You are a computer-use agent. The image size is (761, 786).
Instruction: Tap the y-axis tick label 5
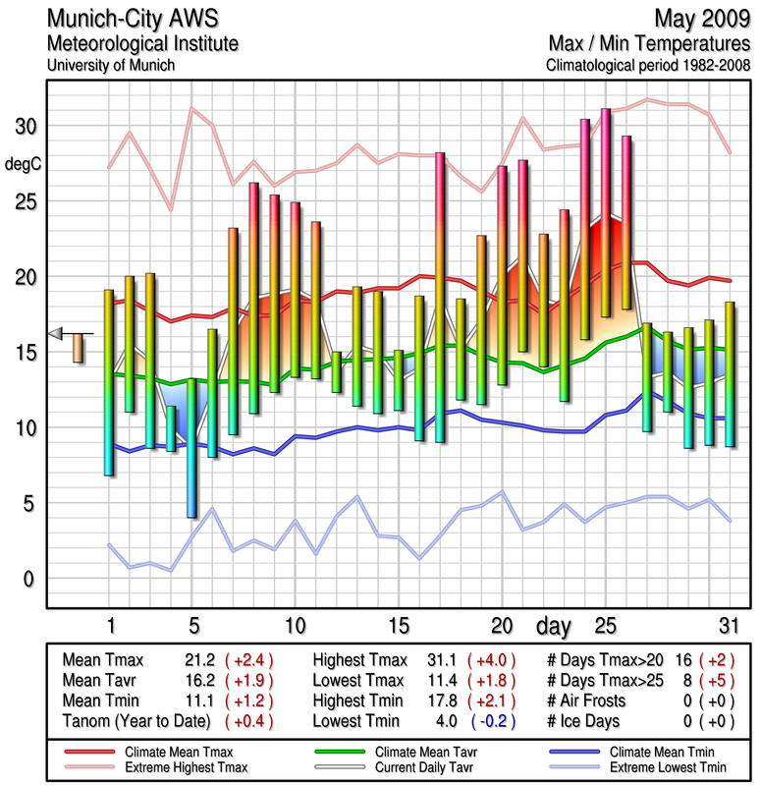[29, 503]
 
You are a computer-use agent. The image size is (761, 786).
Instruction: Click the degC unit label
[23, 164]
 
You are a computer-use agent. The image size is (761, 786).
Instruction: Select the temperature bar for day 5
[192, 448]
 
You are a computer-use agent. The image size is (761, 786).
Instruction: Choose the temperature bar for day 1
[109, 383]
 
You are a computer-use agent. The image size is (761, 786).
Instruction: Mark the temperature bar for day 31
[729, 374]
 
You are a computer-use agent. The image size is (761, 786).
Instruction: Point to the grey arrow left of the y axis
[56, 334]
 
